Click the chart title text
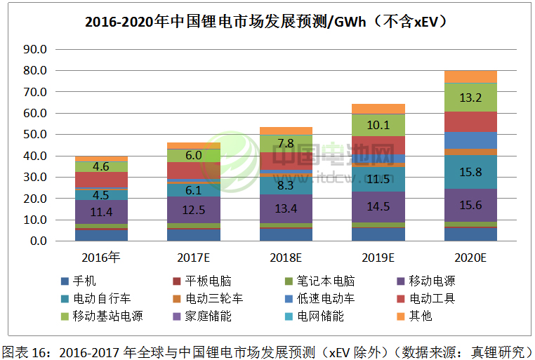point(267,21)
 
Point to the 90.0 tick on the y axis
point(34,50)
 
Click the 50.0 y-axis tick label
point(34,135)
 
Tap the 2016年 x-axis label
point(102,257)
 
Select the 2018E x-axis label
point(286,257)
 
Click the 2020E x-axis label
point(470,257)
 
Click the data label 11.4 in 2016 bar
point(101,211)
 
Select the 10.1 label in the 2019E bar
point(378,125)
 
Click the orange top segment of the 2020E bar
point(470,76)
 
